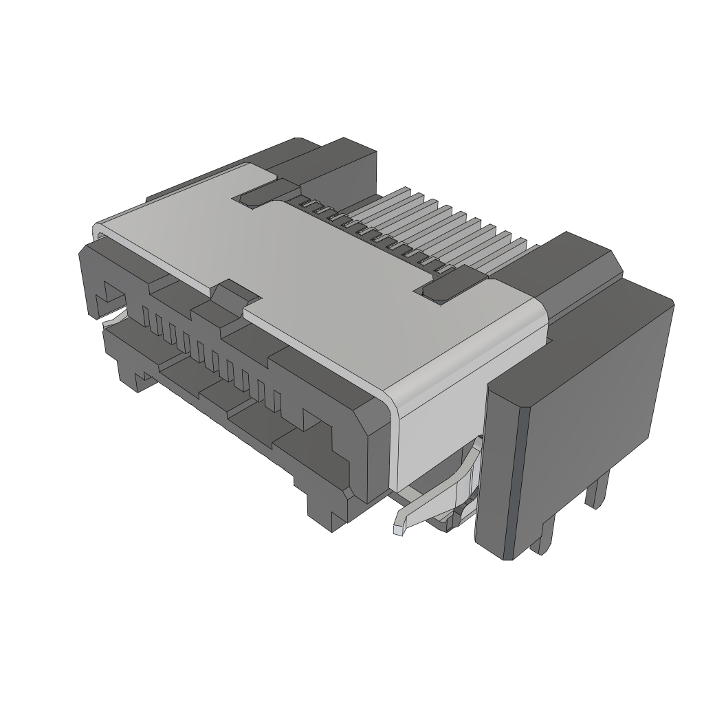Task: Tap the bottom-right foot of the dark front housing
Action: (323, 509)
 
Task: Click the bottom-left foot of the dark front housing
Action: (131, 375)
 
